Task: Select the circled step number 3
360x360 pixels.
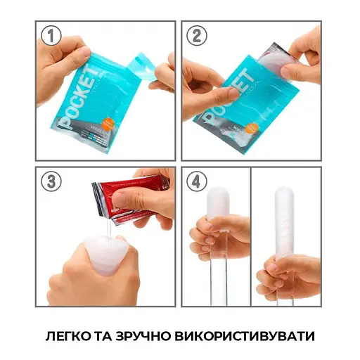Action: coord(51,180)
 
